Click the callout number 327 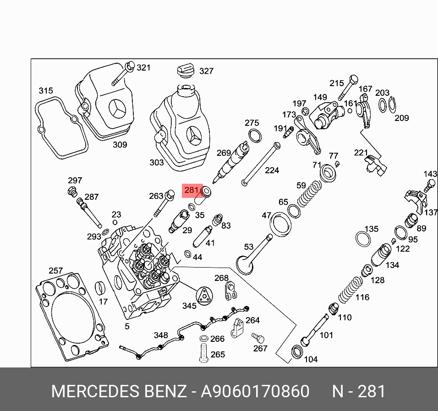(x=206, y=71)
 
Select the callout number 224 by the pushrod (x=272, y=170)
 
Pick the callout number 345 (x=189, y=306)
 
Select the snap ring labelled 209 (x=394, y=105)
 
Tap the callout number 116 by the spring (x=362, y=297)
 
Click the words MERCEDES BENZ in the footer (x=119, y=392)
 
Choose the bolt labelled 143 (x=429, y=185)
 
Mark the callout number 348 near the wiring (x=160, y=335)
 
